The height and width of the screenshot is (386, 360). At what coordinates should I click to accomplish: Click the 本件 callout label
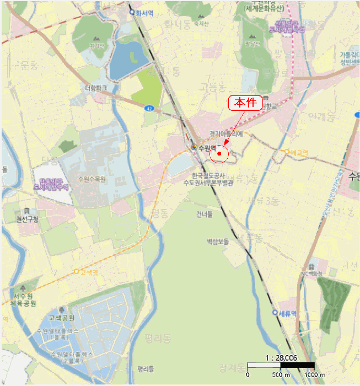click(x=245, y=103)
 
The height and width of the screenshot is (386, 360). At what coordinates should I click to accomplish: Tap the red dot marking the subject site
click(x=219, y=154)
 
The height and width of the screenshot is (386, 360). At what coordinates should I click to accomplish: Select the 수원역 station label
click(x=207, y=148)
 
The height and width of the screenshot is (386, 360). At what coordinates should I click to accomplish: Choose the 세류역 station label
click(x=288, y=312)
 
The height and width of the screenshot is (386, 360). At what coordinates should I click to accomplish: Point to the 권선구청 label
click(x=28, y=219)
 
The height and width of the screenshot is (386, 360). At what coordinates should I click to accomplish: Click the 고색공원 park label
click(x=61, y=318)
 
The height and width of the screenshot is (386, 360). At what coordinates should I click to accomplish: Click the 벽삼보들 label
click(x=217, y=241)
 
